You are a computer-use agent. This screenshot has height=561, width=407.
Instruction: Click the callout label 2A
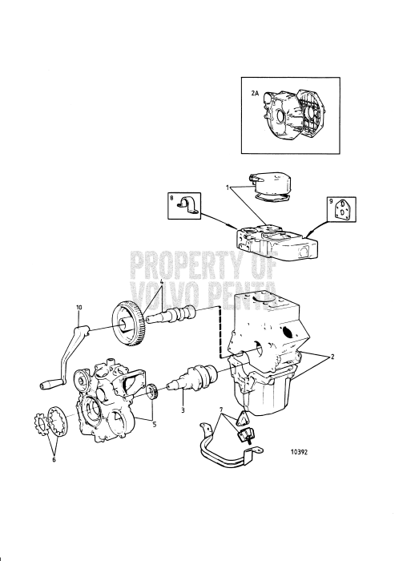click(254, 93)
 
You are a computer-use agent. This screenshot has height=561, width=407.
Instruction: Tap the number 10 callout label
click(79, 307)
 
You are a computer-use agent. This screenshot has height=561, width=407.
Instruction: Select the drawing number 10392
click(299, 452)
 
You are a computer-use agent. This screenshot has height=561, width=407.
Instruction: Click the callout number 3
click(183, 410)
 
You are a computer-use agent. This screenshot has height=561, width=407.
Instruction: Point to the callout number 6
click(54, 460)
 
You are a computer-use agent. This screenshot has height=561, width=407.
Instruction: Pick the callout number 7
click(221, 409)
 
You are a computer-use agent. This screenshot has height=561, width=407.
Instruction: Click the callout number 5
click(155, 425)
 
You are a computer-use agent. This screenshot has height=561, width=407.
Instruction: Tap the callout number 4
click(162, 282)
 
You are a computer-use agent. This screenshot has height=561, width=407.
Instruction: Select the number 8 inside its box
click(171, 197)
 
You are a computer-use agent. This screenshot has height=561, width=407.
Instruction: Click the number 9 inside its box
click(332, 201)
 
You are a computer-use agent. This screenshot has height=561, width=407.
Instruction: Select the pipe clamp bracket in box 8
click(187, 207)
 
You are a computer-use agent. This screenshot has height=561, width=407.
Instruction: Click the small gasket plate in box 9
click(342, 209)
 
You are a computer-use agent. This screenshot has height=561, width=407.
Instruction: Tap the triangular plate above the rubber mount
click(243, 418)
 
